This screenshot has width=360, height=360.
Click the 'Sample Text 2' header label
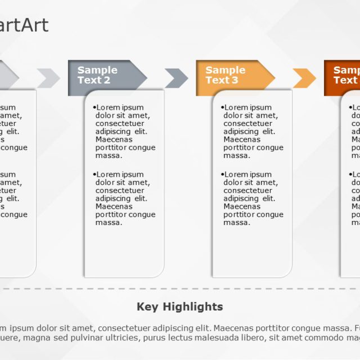97,75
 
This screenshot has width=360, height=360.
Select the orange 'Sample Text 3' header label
225,75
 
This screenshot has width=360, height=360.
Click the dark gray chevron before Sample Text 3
176,78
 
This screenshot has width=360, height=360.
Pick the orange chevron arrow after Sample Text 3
304,78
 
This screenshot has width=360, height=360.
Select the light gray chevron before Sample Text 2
48,78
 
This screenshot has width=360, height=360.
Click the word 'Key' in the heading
147,307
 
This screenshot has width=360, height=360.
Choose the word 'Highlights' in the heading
193,307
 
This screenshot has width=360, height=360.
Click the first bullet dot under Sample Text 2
94,107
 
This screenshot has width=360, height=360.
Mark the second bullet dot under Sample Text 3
223,174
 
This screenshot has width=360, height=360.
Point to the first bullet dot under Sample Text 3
223,107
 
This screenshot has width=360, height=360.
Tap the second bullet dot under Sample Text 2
94,174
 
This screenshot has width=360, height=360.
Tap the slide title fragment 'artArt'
24,25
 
